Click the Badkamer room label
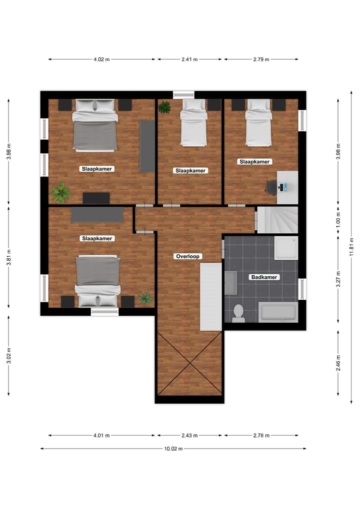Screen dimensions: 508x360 [263, 277]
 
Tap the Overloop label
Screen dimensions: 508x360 [187, 256]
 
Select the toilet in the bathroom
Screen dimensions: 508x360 [238, 313]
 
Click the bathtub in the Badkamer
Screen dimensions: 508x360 [277, 312]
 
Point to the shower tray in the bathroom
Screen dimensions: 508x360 [285, 248]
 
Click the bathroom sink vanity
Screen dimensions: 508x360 [230, 283]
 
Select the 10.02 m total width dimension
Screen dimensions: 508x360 [173, 449]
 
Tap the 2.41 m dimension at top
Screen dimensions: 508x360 [189, 59]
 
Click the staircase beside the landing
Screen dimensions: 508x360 [277, 220]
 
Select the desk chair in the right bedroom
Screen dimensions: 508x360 [271, 187]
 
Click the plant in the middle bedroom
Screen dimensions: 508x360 [164, 107]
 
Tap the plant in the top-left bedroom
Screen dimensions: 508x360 [60, 192]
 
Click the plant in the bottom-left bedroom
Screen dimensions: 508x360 [145, 298]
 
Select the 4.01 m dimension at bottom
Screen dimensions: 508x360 [101, 436]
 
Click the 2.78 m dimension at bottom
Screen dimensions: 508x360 [261, 436]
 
